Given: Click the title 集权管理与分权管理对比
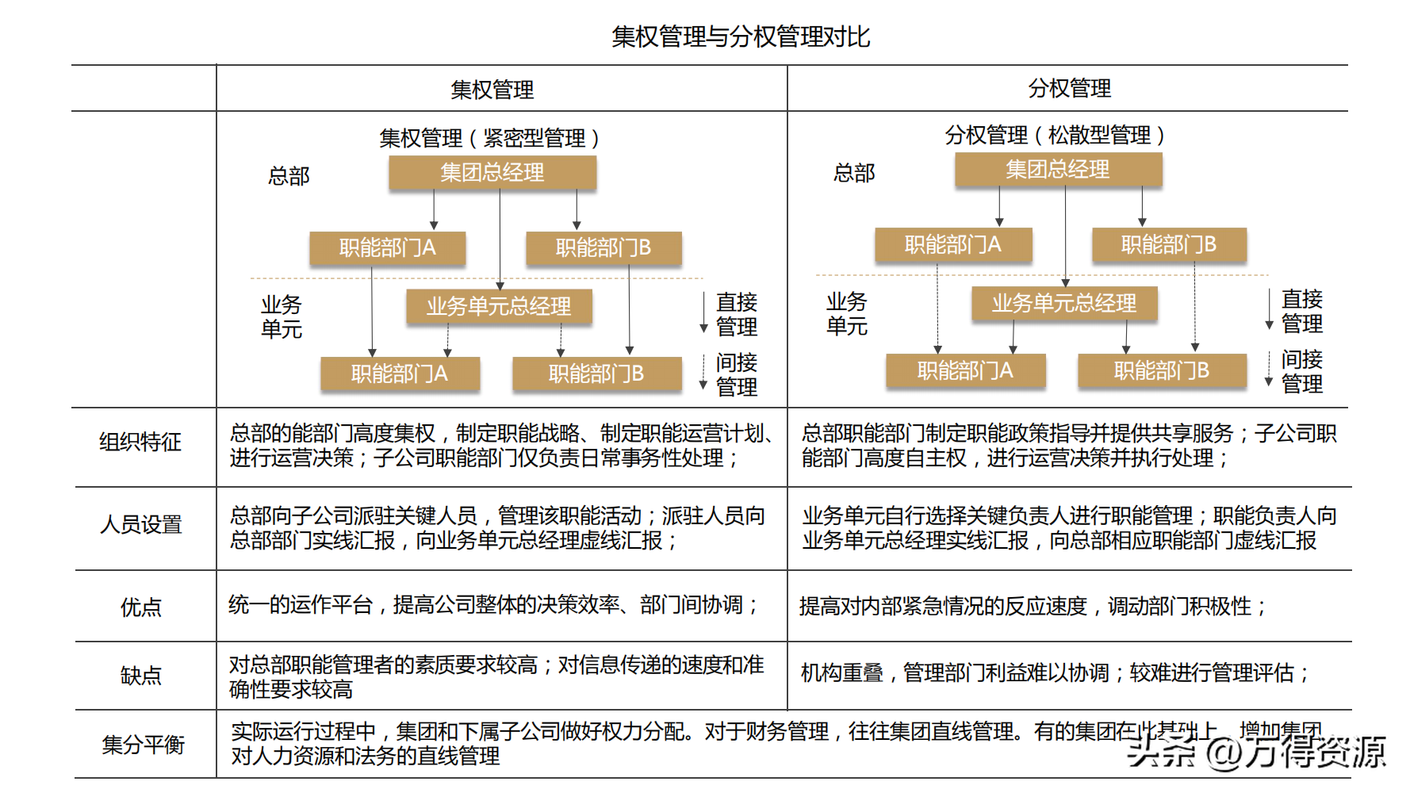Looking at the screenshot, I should [x=741, y=36].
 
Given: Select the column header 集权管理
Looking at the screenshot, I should [x=492, y=90].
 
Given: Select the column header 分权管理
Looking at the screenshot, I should [x=1069, y=88].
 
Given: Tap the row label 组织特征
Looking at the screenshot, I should [x=140, y=442].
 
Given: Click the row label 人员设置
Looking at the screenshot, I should [x=141, y=524].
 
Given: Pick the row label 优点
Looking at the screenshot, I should [x=141, y=607].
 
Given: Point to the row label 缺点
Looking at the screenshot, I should [x=141, y=676].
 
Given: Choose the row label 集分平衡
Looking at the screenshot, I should [x=143, y=745].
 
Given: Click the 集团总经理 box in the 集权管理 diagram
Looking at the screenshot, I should [x=492, y=172].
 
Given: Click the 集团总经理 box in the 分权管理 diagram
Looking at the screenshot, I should [x=1058, y=169].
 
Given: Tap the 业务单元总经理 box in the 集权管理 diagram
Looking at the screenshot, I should [x=499, y=306].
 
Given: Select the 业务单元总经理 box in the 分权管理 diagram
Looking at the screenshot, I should [x=1064, y=303].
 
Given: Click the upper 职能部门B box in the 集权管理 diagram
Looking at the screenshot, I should [x=603, y=248].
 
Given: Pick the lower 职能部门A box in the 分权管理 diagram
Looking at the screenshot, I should [x=965, y=370].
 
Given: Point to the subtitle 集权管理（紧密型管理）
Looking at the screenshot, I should [x=489, y=138].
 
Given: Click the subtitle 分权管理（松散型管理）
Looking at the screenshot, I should [x=1055, y=135].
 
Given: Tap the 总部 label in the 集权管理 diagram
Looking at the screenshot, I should [x=289, y=175].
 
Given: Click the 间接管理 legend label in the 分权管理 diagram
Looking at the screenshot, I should [x=1301, y=371].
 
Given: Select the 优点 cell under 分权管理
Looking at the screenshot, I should [x=1033, y=607].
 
